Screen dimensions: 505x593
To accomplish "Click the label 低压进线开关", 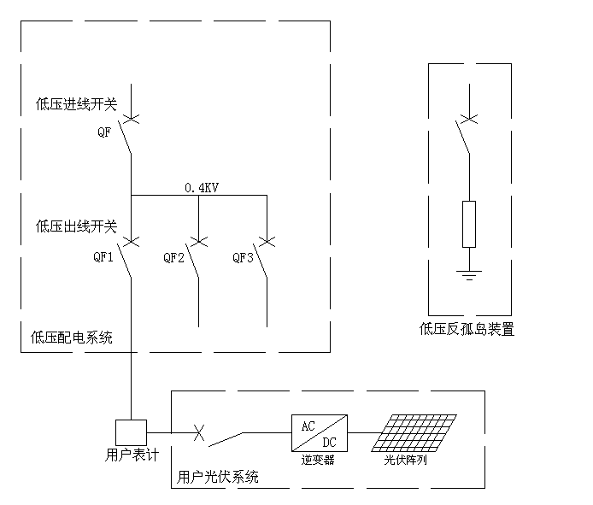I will (x=76, y=104).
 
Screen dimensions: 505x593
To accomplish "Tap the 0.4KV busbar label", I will (x=202, y=187).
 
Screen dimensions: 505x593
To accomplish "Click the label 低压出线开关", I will (x=76, y=226).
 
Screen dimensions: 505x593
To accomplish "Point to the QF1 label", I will (x=103, y=257).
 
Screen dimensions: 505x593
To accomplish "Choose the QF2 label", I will (x=174, y=257).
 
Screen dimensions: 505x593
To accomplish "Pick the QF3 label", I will (x=244, y=257).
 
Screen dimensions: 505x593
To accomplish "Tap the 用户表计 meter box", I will (x=131, y=432).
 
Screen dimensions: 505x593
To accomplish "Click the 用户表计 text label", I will (x=126, y=454).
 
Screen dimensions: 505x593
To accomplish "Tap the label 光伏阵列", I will (x=406, y=460).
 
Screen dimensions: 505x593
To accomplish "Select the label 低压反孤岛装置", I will (x=467, y=329).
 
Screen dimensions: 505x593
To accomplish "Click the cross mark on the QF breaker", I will (x=131, y=117).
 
